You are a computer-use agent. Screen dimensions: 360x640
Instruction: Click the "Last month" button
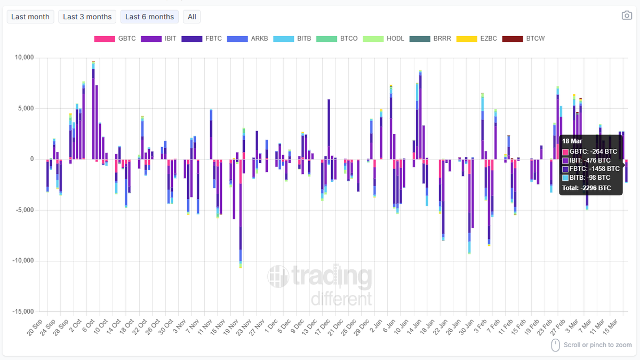point(30,17)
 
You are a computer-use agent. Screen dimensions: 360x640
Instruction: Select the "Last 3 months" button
point(87,17)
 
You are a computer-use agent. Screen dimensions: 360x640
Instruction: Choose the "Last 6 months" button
point(149,17)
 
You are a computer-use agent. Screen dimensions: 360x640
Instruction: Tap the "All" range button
point(192,17)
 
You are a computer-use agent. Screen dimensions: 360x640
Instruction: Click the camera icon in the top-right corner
point(627,15)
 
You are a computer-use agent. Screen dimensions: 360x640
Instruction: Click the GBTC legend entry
point(115,39)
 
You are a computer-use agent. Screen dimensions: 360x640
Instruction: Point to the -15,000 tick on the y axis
point(22,311)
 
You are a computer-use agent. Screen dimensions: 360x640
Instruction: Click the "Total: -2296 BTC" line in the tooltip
point(586,188)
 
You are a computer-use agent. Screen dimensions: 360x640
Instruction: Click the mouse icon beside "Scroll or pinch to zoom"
point(555,345)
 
